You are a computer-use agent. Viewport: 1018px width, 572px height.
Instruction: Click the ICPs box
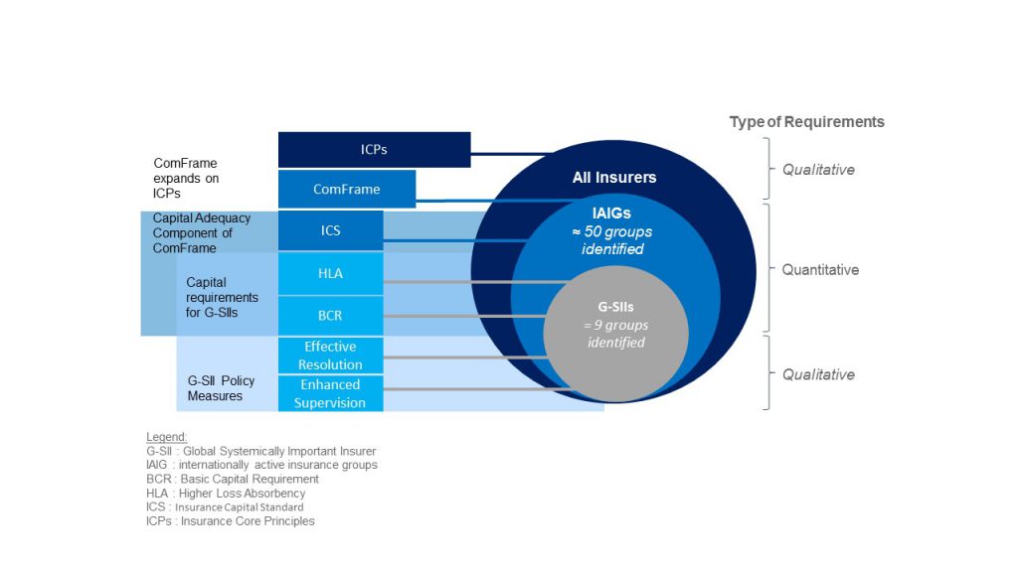point(374,150)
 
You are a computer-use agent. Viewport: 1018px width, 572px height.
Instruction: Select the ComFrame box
point(346,189)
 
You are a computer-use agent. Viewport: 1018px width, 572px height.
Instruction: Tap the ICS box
point(330,230)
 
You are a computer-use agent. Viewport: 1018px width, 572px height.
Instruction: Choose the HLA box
point(330,274)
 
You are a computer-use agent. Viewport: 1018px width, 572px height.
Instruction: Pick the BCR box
point(330,316)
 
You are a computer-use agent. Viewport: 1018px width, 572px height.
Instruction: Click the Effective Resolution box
point(330,356)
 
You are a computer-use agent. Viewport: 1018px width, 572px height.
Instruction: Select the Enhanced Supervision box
point(330,393)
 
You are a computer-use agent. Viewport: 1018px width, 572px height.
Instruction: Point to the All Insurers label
point(614,178)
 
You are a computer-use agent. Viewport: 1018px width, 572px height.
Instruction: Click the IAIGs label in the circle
point(613,213)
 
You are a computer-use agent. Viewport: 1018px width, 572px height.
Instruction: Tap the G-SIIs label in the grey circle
point(616,307)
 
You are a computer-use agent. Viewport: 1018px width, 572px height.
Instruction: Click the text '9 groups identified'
point(616,334)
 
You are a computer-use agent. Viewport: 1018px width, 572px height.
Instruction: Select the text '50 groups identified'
point(613,239)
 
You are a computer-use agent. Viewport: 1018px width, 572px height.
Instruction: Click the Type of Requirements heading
point(806,122)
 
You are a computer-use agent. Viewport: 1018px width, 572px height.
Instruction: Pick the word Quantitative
point(820,270)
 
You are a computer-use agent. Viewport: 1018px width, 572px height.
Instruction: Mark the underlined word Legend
point(166,437)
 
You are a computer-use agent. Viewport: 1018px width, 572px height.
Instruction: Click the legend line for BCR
point(232,479)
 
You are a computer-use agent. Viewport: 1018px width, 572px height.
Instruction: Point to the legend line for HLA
point(226,493)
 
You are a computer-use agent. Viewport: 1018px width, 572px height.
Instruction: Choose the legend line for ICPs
point(230,520)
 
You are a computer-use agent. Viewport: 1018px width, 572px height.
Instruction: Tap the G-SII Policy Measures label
point(221,388)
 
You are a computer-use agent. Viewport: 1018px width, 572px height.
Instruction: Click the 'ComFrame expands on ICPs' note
point(186,178)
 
